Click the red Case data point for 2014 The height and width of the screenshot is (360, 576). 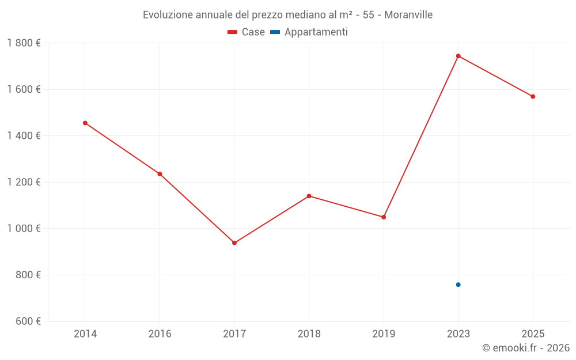85,123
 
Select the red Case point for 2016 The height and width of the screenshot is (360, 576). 160,174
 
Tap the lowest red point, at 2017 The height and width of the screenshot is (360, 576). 234,243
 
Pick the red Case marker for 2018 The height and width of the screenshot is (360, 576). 309,196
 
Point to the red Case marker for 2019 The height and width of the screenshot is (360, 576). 384,217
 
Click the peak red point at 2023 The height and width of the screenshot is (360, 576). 458,56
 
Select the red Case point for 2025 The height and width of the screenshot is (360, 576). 533,97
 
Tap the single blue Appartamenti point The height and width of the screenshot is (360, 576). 458,285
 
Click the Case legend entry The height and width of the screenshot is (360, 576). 247,32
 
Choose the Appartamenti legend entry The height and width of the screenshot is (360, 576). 309,32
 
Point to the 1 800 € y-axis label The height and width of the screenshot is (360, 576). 24,43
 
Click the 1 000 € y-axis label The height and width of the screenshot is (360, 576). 24,229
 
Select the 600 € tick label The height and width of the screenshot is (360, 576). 28,321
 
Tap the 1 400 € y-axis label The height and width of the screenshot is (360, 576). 24,136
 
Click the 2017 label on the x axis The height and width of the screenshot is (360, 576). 234,334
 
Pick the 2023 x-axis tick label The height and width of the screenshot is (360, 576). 458,334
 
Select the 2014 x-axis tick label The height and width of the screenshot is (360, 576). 85,334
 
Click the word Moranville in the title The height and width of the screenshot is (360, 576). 408,15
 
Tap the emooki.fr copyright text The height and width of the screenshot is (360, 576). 525,348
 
